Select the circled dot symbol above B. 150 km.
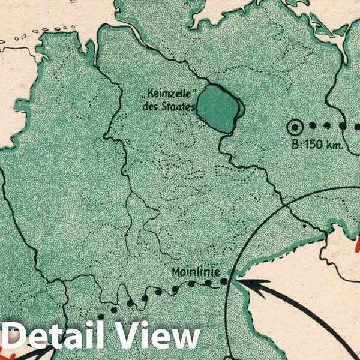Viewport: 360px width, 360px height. [295, 127]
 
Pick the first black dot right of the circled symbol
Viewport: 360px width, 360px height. [312, 127]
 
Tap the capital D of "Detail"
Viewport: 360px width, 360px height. [16, 336]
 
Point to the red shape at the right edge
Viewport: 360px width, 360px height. [358, 243]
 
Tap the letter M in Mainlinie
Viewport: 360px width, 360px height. [176, 271]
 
